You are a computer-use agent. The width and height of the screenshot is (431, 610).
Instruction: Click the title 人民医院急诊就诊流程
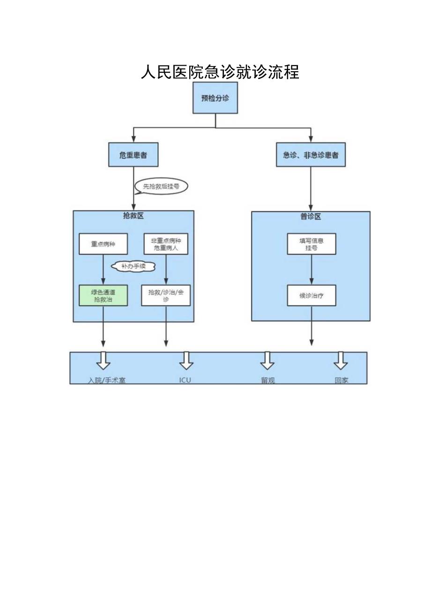point(220,72)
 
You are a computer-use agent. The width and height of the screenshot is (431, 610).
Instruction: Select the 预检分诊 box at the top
point(215,98)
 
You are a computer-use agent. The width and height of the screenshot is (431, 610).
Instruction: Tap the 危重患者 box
point(134,155)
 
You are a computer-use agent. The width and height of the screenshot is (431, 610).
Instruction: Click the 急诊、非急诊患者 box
point(311,155)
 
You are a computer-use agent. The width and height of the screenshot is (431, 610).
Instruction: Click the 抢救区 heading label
point(134,216)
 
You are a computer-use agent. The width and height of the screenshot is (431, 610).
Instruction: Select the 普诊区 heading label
point(311,216)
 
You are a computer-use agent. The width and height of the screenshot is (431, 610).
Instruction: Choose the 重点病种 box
point(103,244)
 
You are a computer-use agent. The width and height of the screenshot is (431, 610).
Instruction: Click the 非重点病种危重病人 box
point(166,244)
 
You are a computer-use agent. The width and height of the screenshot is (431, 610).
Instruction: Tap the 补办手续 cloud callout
point(133,266)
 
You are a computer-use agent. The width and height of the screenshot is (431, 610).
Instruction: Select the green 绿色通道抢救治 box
point(103,295)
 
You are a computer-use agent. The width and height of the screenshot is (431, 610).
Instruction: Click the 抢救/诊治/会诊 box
point(166,295)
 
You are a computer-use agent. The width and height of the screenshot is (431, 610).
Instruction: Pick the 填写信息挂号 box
point(312,244)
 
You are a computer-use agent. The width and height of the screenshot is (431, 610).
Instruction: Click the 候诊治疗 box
point(312,295)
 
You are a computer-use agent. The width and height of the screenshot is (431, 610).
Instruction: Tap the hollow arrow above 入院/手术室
point(103,360)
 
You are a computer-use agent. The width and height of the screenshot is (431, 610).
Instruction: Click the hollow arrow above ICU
point(186,360)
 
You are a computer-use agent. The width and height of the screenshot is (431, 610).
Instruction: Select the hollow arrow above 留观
point(267,360)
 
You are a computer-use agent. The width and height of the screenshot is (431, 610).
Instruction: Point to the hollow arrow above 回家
point(341,360)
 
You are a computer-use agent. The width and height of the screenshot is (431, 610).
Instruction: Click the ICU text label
point(185,380)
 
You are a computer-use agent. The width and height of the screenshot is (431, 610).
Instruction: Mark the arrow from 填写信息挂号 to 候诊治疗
point(312,270)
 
